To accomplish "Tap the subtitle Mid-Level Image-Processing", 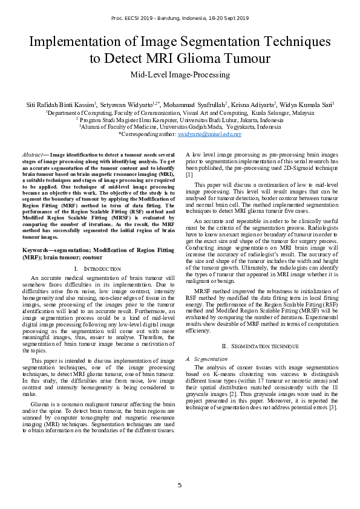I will click(x=180, y=75).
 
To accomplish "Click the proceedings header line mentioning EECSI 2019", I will click(x=180, y=19).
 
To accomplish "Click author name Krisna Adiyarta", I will click(x=252, y=105).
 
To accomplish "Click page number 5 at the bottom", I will click(x=180, y=485).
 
